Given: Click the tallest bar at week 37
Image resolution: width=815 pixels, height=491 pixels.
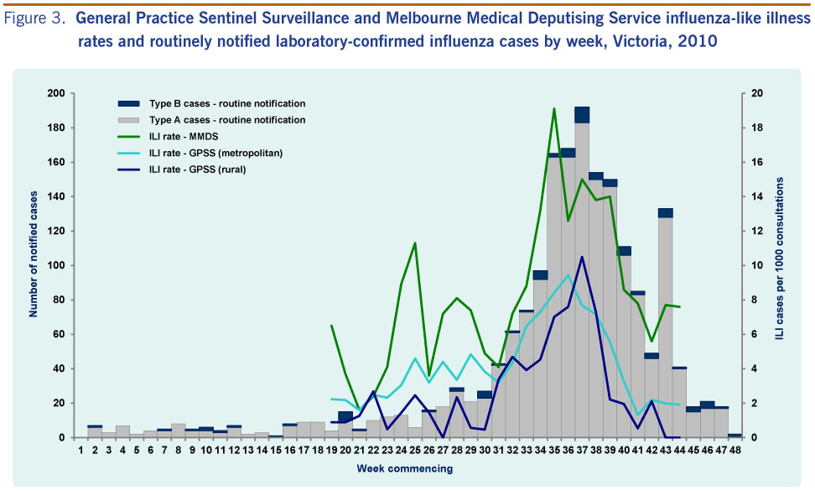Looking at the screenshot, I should [x=582, y=277].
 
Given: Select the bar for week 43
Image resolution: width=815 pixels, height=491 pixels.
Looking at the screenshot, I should [x=665, y=327].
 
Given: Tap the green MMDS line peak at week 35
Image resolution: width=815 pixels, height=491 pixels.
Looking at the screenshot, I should [x=554, y=108].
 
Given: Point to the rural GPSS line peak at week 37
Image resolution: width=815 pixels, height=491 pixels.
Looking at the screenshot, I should [x=582, y=257].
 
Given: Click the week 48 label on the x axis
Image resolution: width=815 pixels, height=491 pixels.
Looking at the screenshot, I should [x=734, y=451].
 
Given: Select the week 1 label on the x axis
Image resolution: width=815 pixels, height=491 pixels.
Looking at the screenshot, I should [x=81, y=451].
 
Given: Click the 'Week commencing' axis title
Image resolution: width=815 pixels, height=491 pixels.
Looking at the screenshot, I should [x=405, y=468].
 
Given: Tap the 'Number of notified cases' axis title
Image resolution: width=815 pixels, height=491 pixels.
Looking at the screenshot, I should [x=34, y=264].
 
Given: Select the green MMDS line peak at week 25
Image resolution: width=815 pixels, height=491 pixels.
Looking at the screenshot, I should [x=415, y=243].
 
